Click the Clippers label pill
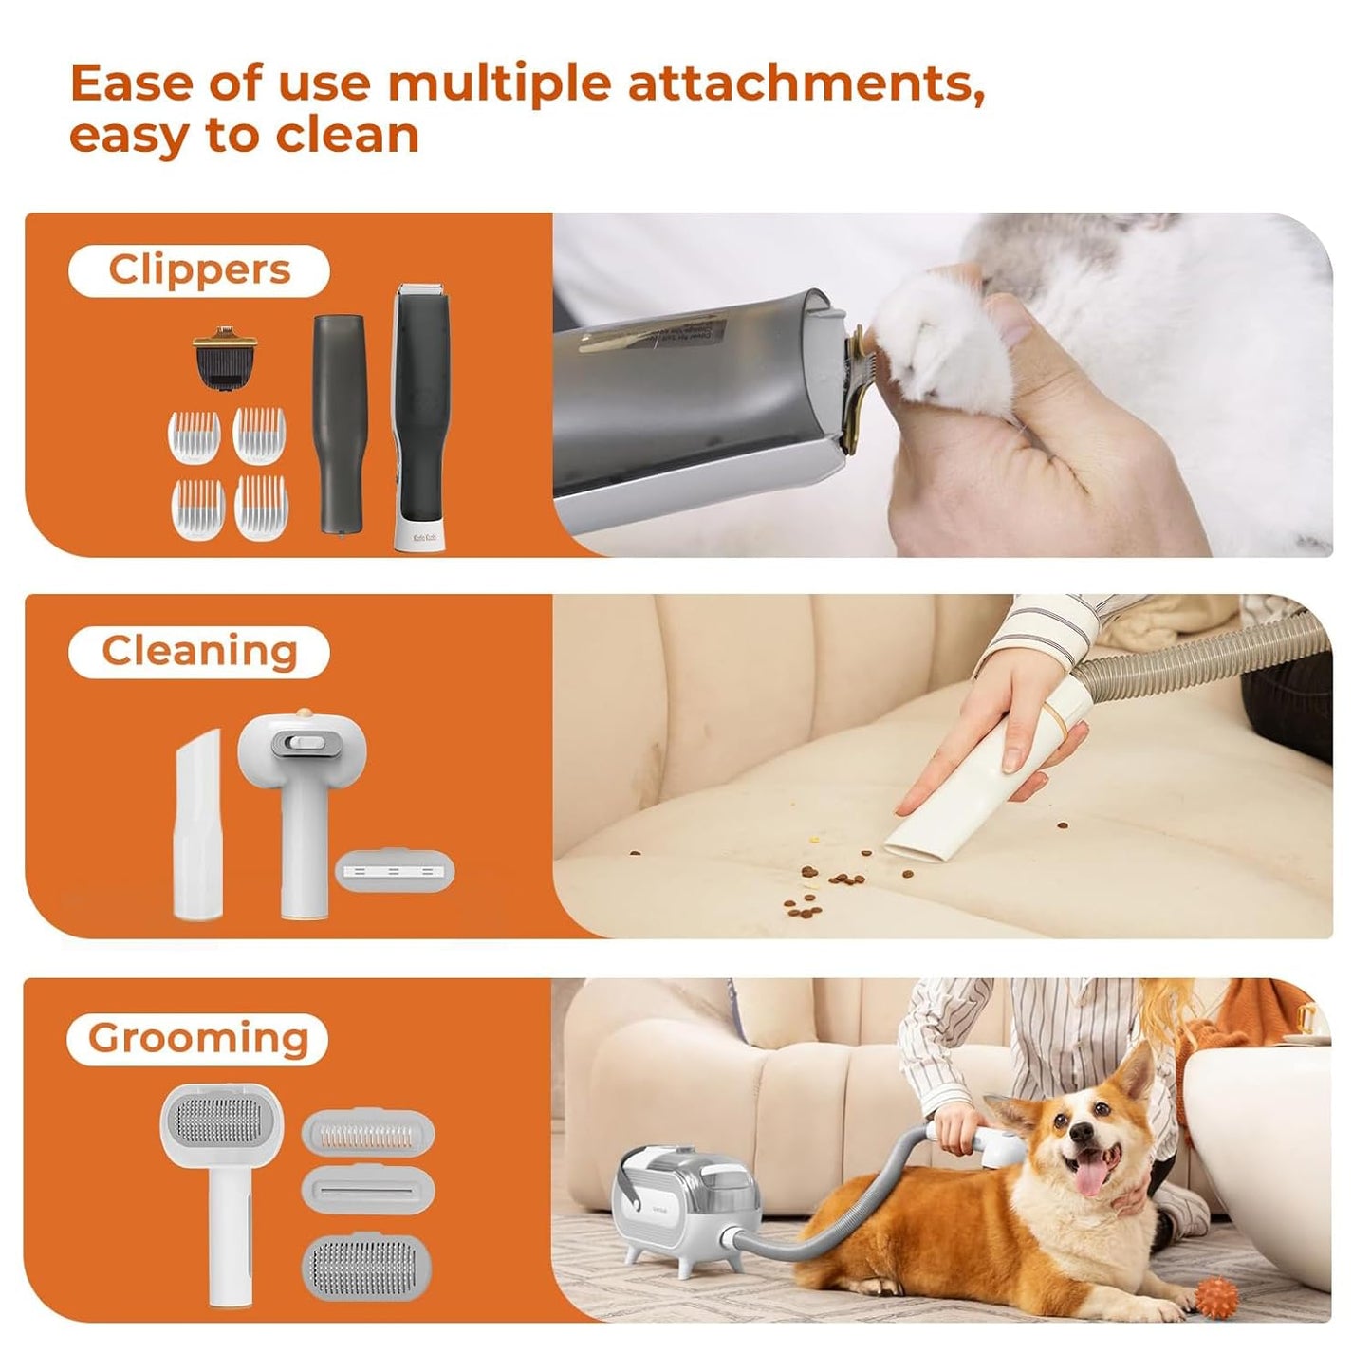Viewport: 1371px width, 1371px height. click(199, 270)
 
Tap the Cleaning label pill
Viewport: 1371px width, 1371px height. click(199, 652)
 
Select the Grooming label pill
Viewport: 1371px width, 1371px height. click(198, 1039)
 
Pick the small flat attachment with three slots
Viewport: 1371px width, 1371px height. click(395, 869)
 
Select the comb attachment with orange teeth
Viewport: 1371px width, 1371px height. click(367, 1133)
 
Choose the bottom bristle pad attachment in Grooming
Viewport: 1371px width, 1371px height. click(367, 1266)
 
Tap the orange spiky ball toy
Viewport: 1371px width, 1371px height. click(1216, 1292)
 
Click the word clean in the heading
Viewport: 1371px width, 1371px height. click(347, 136)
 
